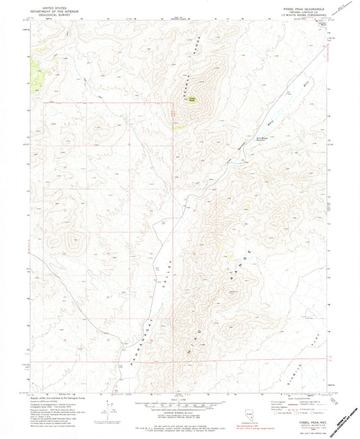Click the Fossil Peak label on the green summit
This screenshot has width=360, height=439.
point(192,99)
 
